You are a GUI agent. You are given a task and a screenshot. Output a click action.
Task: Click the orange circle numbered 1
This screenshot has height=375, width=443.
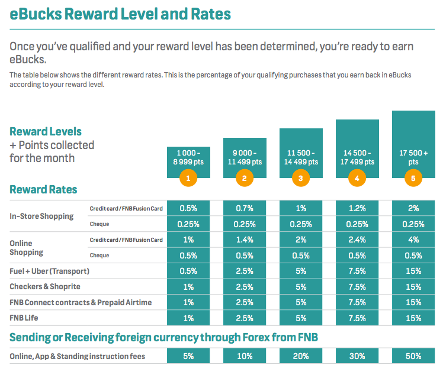coord(188,178)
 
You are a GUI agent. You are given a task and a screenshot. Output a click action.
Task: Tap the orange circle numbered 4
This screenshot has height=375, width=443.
coord(357,178)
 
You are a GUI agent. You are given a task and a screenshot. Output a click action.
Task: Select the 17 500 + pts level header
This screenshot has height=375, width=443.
coord(413,157)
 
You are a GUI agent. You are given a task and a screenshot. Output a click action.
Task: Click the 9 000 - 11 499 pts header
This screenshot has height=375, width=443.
coord(244,157)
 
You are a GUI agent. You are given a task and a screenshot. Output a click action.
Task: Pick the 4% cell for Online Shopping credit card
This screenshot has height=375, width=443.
coord(413,240)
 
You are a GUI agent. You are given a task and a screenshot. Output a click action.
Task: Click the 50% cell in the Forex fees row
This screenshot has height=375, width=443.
coord(413,356)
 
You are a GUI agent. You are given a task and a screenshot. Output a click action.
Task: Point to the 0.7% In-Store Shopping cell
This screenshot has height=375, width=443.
coord(244,208)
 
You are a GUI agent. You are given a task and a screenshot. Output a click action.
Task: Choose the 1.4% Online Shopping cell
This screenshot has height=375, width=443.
coord(244,240)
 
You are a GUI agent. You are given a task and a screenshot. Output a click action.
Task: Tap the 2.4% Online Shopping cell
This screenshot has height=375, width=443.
coord(357,240)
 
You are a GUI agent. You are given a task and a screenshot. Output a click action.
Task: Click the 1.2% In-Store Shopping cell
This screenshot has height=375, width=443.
coord(357,208)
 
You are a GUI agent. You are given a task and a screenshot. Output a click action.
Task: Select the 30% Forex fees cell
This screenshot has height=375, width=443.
coord(357,356)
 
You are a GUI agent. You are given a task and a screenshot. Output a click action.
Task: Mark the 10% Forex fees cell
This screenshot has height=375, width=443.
coord(244,356)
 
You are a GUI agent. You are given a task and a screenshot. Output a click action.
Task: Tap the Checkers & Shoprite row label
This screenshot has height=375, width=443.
coord(45,287)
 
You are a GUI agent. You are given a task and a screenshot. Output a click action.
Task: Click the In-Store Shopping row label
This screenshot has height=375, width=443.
coord(41,216)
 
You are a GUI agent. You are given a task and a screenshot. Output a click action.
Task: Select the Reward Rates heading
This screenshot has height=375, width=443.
coord(43,190)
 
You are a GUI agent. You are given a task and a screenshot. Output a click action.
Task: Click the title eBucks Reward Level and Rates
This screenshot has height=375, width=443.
coord(120,13)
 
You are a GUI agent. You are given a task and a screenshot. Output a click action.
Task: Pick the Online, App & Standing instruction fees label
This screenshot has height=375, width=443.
coord(77,356)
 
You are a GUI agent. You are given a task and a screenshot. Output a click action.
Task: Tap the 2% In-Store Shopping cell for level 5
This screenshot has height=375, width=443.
coord(413,208)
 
